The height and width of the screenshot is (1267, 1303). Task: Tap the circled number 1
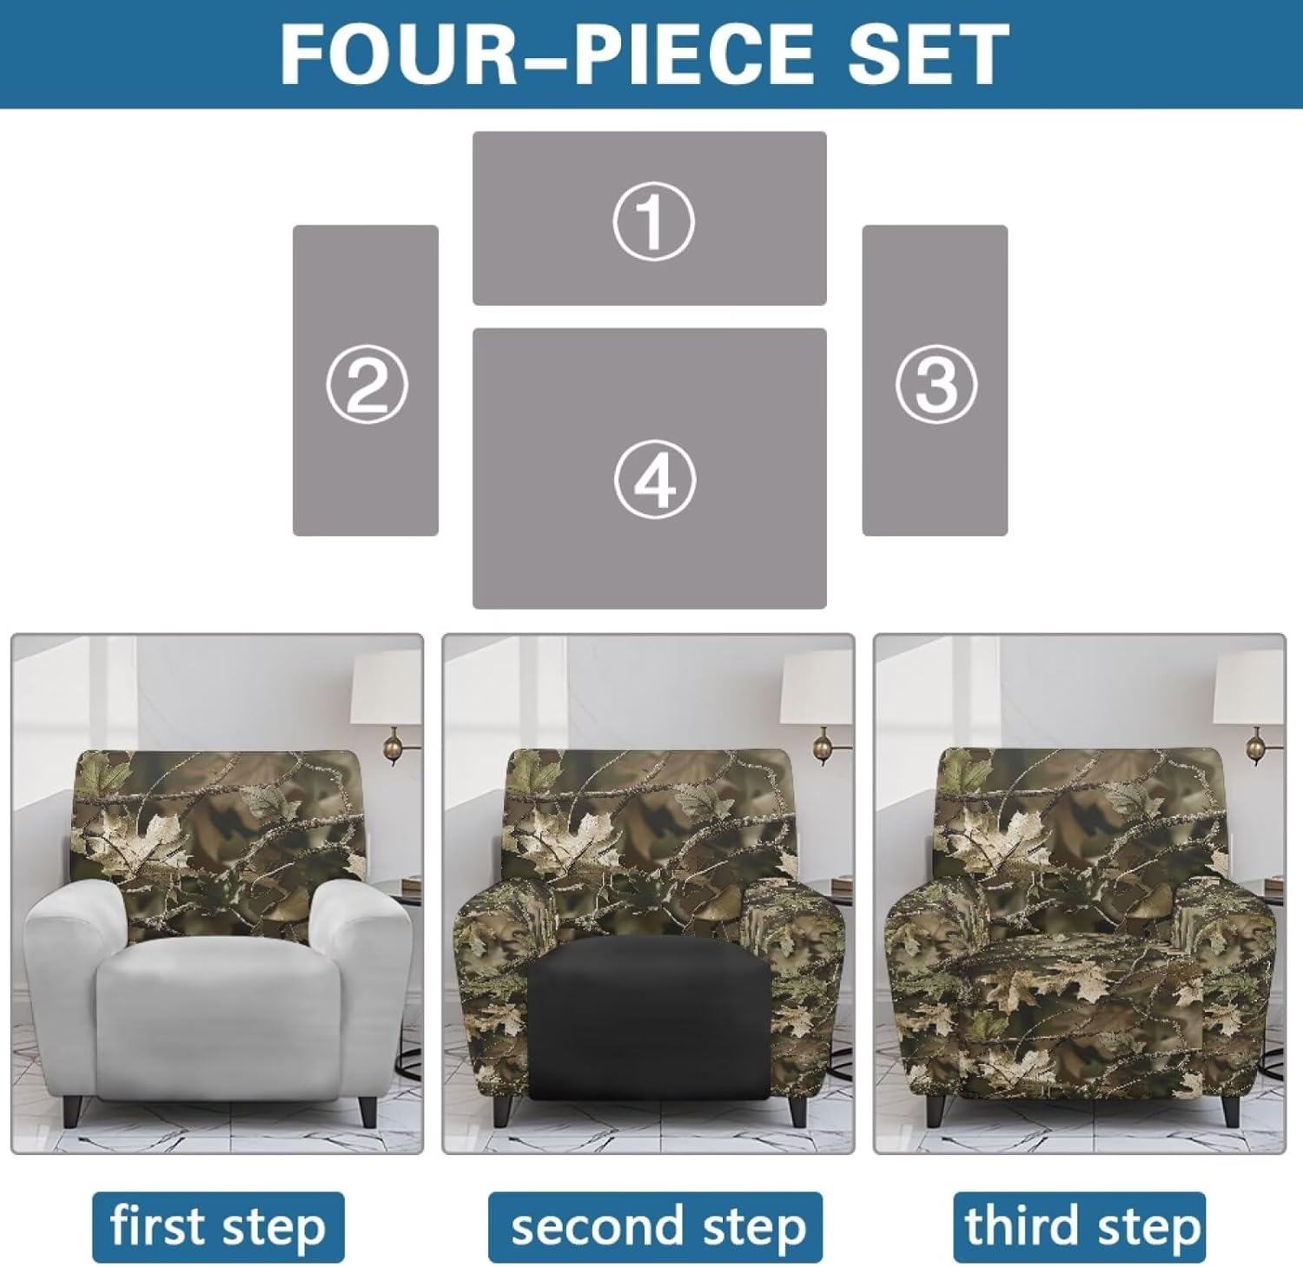pos(653,222)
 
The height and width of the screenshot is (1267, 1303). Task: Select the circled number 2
pos(367,385)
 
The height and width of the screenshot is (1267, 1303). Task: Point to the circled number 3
pos(936,385)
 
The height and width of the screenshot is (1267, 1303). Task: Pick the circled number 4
pos(654,480)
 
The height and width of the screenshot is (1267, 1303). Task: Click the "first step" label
pos(218,1227)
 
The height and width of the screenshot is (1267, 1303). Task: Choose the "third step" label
pos(1080,1227)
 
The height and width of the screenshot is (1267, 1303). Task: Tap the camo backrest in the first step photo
pos(217,825)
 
